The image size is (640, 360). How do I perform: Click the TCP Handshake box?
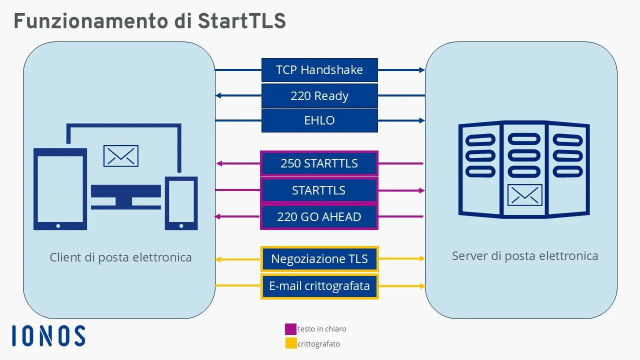pos(319,70)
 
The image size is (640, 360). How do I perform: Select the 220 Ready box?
pos(319,95)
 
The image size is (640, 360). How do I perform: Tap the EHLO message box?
pos(319,120)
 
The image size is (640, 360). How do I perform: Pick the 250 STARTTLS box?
pos(319,163)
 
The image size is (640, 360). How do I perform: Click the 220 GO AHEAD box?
pos(319,217)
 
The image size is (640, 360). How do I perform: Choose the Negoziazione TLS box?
pos(319,259)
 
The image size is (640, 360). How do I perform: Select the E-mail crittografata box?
pos(319,286)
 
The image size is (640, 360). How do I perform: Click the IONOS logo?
pos(48,335)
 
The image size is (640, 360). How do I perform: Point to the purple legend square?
pos(290,329)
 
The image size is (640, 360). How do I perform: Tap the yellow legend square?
pos(290,343)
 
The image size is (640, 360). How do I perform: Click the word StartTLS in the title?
pos(241,21)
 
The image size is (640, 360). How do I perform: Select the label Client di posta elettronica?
pos(120,257)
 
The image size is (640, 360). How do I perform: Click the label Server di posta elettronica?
pos(525,256)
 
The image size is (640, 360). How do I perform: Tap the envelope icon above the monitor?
pos(120,155)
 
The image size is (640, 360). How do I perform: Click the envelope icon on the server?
pos(524,195)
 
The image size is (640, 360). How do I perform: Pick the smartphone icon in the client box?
pos(181,202)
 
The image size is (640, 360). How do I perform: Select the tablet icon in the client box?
pos(59,189)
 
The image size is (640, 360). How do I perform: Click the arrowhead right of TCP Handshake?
pos(421,70)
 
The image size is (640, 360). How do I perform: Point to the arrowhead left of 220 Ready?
pos(218,95)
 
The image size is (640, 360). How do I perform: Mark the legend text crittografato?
pos(319,344)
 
